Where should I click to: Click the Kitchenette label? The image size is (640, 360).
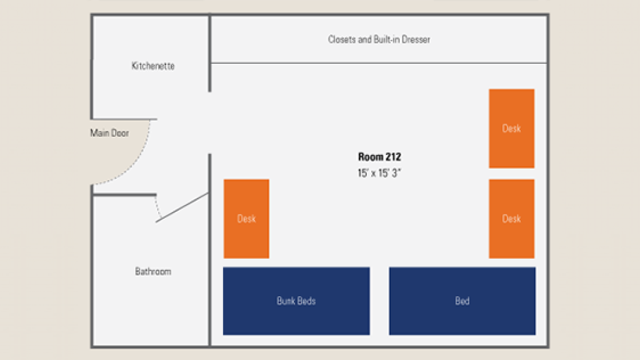point(153,66)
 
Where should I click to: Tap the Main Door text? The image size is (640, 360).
point(109,133)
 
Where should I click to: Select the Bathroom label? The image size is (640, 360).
point(153,272)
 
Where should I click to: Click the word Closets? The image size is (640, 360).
point(342,39)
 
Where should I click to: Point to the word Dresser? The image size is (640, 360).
point(416,39)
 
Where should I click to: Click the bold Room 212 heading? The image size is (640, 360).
point(379,157)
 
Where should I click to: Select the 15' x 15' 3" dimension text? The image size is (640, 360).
point(379,173)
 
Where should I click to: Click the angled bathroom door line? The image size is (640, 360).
point(182,207)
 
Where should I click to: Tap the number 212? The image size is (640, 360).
point(393,157)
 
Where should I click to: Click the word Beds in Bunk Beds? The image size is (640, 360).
point(306,301)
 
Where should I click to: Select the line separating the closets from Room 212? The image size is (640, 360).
point(379,63)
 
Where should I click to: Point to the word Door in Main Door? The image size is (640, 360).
point(120,133)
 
